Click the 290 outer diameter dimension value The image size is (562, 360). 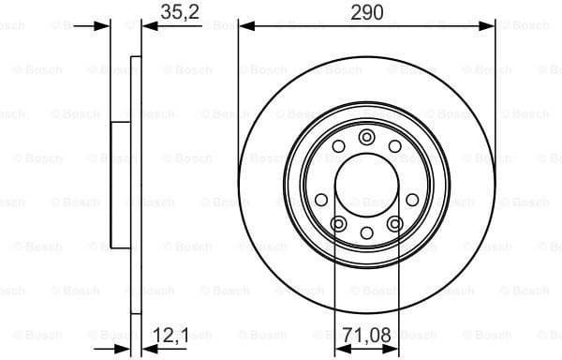366,11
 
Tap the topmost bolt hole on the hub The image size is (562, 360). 366,138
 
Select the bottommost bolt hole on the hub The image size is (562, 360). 366,232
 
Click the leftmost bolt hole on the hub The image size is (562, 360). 321,199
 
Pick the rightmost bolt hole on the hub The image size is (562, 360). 412,199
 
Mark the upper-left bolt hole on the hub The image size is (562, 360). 338,146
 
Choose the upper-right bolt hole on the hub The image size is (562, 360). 394,146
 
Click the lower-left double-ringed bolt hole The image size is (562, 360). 339,223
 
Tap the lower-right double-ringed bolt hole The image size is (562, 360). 394,223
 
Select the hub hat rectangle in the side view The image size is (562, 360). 121,185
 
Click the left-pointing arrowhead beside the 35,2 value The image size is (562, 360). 148,26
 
